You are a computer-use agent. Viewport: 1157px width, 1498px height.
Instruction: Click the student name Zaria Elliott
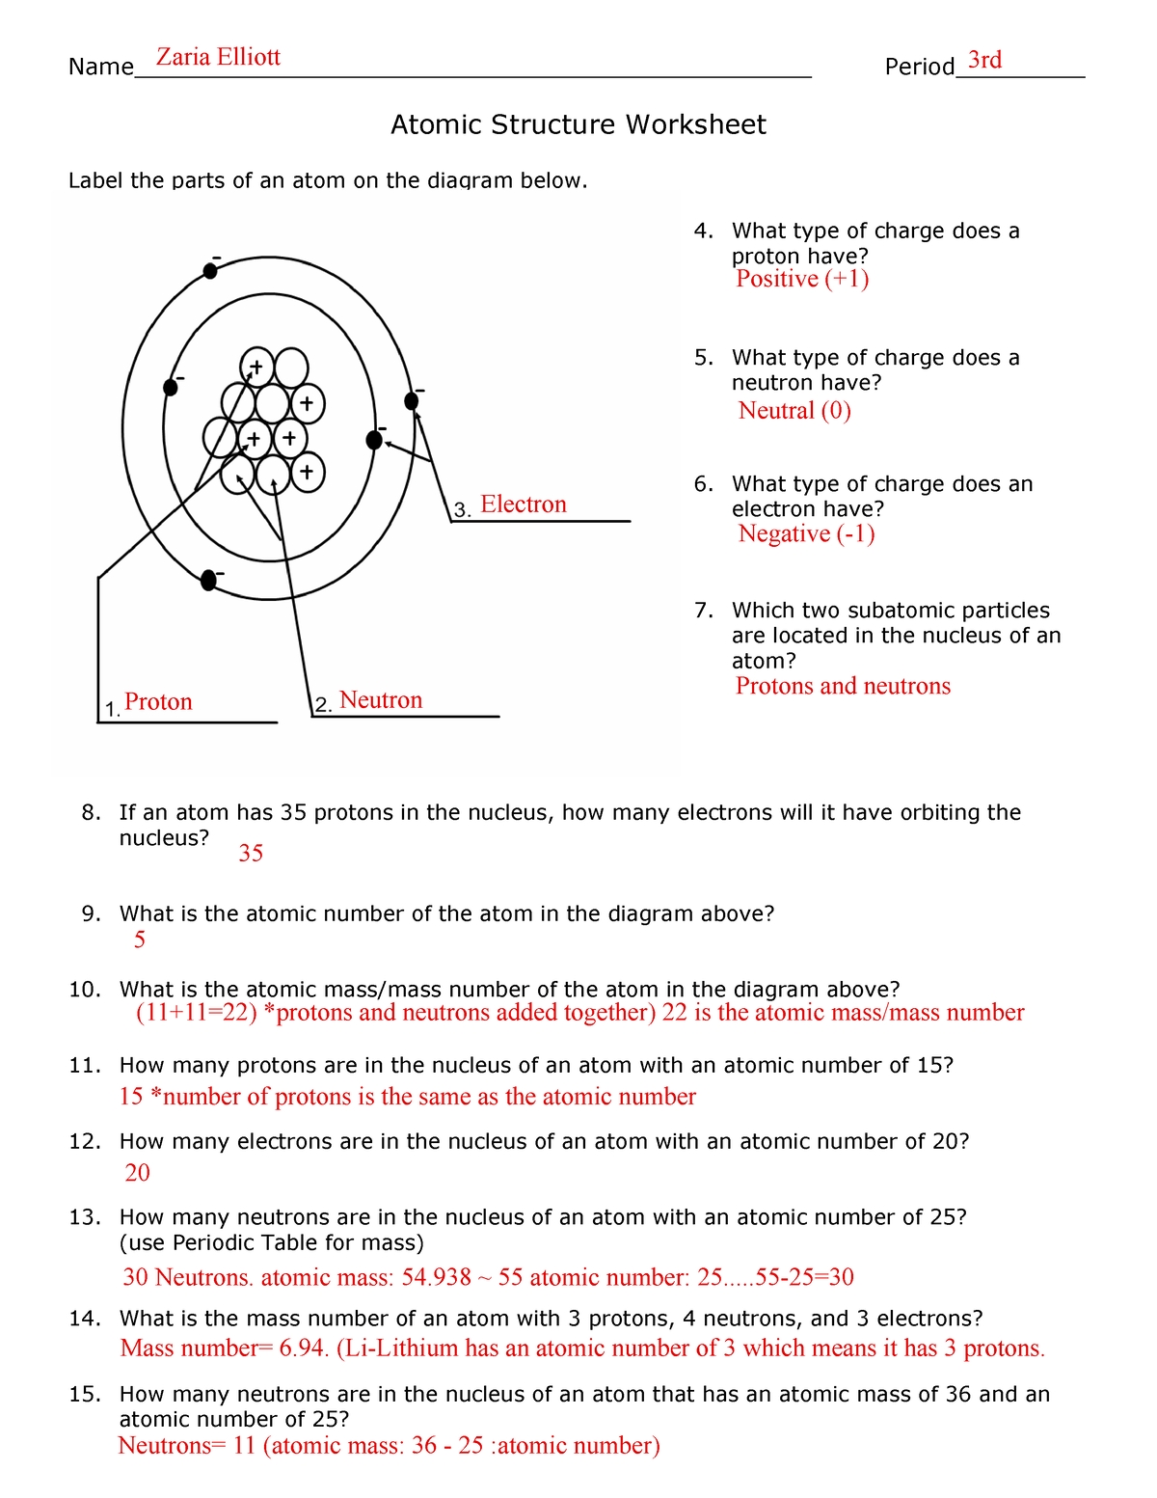218,58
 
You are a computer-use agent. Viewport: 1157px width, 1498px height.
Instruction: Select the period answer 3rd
984,61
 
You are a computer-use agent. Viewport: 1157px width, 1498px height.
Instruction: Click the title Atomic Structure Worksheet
578,125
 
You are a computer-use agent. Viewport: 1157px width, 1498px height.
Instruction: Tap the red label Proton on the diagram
158,702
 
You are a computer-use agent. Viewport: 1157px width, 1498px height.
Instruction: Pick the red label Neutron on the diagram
381,700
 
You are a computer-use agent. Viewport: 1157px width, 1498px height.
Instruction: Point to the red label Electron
523,504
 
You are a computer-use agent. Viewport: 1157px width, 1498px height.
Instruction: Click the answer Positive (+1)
801,280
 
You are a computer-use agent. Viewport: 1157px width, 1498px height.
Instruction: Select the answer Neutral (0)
794,411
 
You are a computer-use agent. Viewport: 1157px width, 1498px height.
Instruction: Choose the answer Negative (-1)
806,534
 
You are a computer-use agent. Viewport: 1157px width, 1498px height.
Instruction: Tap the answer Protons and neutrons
843,686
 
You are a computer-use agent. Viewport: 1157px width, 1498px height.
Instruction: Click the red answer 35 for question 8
251,854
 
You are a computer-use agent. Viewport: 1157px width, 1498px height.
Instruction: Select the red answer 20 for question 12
138,1173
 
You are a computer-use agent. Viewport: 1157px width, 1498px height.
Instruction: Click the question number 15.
84,1395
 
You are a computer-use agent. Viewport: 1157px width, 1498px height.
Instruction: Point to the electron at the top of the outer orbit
210,271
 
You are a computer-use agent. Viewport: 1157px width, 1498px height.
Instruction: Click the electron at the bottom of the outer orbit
208,580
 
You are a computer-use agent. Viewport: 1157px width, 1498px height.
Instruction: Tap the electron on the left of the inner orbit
171,387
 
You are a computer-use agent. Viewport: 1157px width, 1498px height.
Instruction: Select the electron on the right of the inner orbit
375,440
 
